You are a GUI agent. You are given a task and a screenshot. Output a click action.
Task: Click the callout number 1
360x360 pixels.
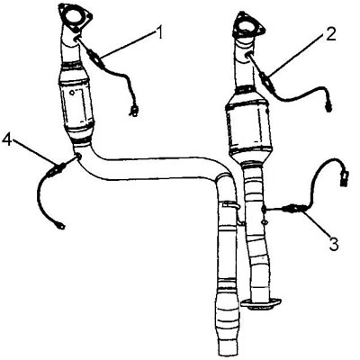coord(160,32)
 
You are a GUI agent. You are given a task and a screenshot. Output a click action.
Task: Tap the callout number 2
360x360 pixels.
coord(330,35)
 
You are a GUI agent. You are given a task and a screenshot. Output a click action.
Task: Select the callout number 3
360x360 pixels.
coord(333,244)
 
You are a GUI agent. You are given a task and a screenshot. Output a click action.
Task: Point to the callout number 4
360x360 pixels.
coord(7,139)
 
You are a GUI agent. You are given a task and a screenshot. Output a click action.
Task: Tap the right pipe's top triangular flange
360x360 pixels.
coord(248,26)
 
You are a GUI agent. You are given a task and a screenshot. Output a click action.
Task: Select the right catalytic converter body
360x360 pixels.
coord(248,126)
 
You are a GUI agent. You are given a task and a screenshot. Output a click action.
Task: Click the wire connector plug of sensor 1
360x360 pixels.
coord(133,110)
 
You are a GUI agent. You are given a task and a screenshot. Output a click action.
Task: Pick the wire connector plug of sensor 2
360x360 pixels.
coord(328,107)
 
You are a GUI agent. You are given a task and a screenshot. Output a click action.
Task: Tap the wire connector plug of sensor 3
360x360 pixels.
coord(344,176)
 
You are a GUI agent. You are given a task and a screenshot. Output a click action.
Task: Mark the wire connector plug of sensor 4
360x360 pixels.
coord(60,226)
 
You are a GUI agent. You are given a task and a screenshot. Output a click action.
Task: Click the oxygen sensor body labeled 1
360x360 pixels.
coord(95,58)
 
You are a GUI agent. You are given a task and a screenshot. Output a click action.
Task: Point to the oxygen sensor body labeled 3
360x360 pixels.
coord(294,209)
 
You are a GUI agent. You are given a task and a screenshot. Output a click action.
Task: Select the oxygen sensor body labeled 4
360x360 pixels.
coord(55,170)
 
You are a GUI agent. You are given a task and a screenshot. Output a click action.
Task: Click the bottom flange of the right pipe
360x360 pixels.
coord(260,303)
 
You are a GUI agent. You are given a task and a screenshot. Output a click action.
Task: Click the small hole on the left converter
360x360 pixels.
coord(72,93)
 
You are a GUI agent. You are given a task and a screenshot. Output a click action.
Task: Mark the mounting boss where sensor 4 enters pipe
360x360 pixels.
coord(78,157)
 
